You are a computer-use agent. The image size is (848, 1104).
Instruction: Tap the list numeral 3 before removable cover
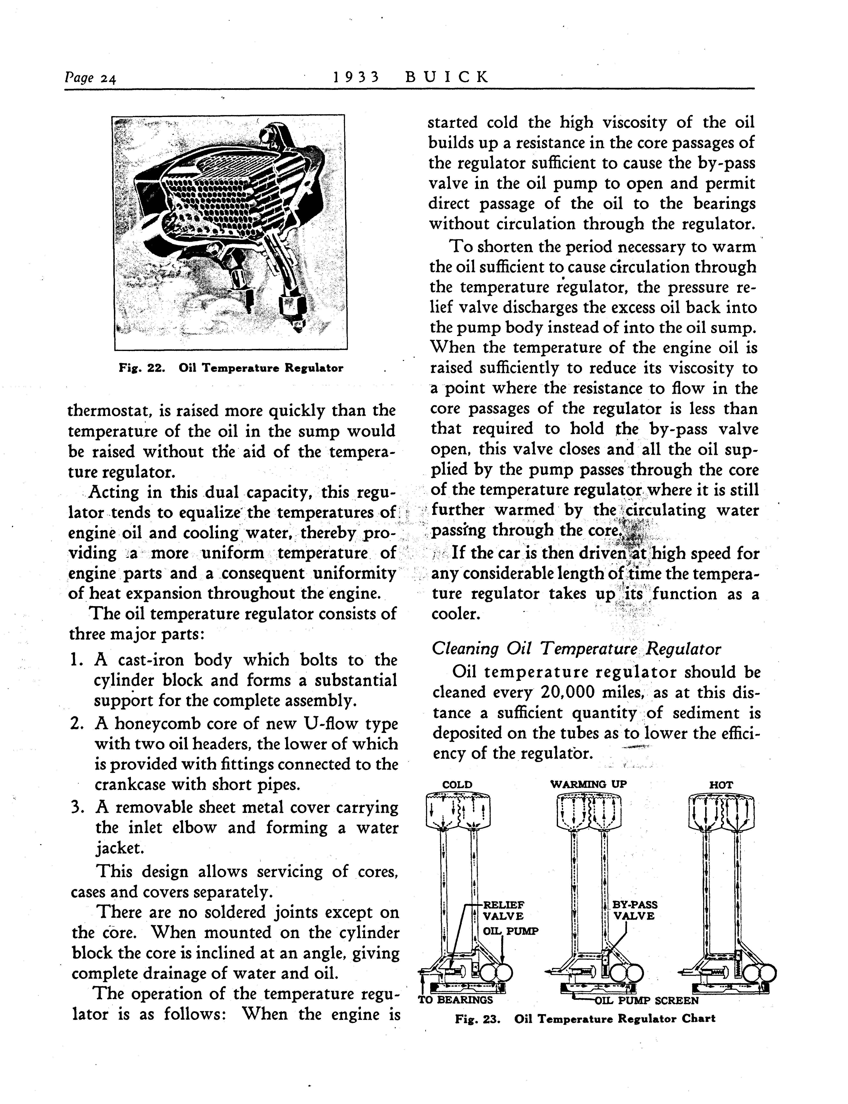point(77,807)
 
